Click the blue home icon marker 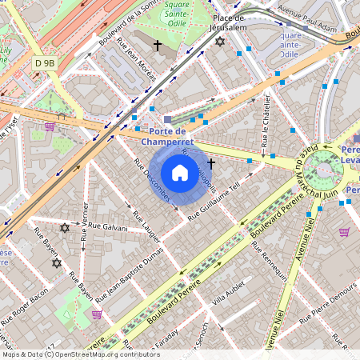[x=180, y=173]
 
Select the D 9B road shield [x=45, y=62]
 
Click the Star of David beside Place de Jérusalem [x=221, y=41]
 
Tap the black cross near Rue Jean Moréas [x=158, y=46]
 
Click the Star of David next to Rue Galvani [x=66, y=228]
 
